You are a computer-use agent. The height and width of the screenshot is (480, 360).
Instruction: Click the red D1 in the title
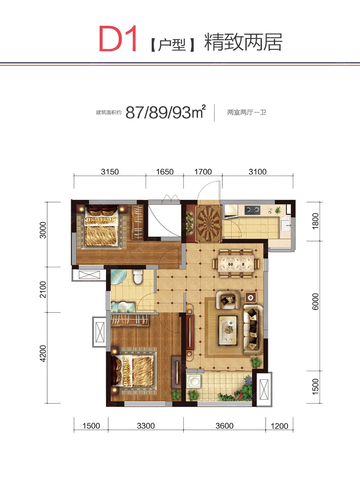click(118, 39)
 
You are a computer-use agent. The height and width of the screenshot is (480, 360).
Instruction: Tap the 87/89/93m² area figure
click(166, 112)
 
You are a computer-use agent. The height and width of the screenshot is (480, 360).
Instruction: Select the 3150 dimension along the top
click(110, 172)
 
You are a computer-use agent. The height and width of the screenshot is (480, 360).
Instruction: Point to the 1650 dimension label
click(164, 172)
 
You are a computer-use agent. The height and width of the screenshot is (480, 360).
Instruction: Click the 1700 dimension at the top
click(203, 172)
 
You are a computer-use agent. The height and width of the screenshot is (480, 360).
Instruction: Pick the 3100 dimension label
click(258, 172)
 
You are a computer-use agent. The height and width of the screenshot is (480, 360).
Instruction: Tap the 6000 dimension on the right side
click(316, 302)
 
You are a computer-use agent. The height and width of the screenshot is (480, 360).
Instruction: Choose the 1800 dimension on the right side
click(316, 221)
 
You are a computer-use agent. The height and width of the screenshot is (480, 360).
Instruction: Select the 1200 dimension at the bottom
click(279, 426)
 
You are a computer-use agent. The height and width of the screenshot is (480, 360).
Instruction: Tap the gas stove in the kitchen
click(252, 210)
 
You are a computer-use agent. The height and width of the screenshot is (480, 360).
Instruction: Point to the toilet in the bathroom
click(138, 277)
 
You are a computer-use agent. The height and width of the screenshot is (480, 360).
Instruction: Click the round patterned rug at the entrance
click(209, 224)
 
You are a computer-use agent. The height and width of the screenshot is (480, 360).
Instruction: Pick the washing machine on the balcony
click(194, 381)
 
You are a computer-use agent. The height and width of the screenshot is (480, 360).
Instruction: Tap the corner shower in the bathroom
click(118, 276)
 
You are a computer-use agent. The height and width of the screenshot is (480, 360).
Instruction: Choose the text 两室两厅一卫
click(246, 113)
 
